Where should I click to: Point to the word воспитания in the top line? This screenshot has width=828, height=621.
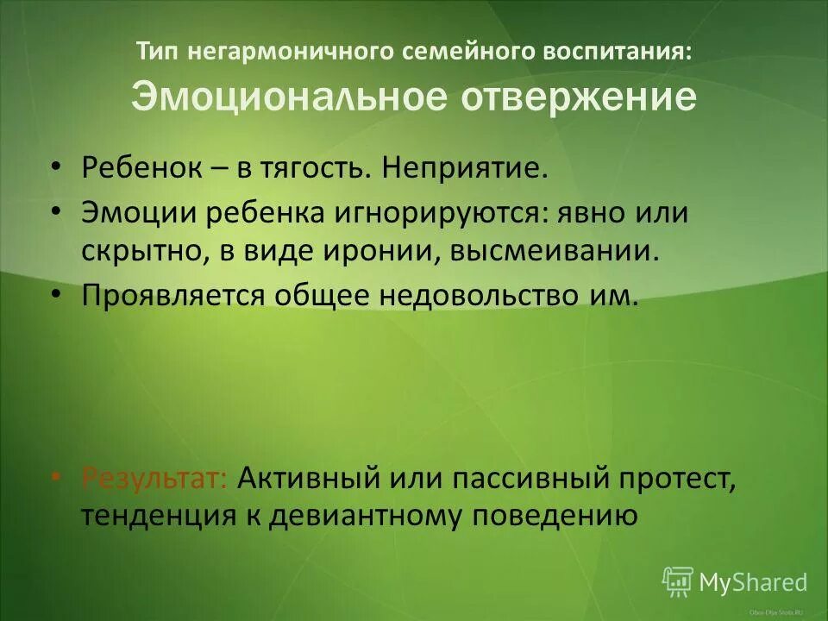(616, 51)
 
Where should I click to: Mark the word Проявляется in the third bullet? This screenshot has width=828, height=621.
(172, 296)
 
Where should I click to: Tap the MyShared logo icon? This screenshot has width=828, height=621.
(677, 581)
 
